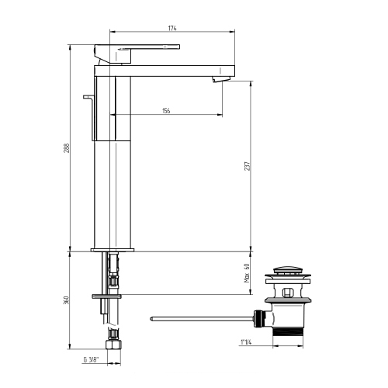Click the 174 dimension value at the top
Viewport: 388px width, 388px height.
(172, 28)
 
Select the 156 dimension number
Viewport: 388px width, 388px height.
(166, 111)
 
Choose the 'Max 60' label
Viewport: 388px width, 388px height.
(246, 273)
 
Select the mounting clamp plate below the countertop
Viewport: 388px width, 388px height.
(107, 296)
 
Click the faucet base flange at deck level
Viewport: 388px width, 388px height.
(113, 250)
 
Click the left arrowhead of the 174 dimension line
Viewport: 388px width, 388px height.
(115, 33)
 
